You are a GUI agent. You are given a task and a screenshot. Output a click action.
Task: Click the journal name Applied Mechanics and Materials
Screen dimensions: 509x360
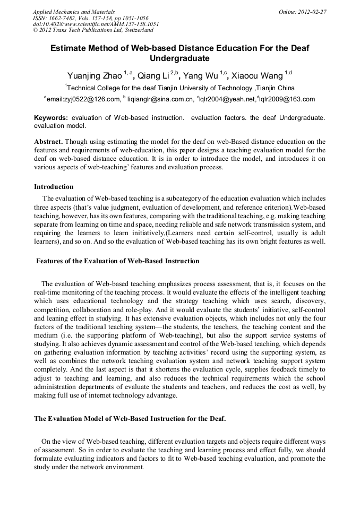click(x=74, y=12)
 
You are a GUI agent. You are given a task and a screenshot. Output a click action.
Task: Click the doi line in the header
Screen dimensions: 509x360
click(x=96, y=24)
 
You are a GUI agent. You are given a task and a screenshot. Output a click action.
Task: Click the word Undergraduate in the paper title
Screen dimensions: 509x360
click(x=179, y=58)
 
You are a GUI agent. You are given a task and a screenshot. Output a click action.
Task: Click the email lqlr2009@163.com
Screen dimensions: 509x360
click(x=287, y=99)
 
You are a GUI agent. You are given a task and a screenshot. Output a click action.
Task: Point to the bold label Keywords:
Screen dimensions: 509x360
click(x=51, y=117)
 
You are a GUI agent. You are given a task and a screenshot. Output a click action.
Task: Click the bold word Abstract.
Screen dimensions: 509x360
click(x=48, y=142)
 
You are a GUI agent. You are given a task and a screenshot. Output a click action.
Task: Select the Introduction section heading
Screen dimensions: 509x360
click(x=54, y=187)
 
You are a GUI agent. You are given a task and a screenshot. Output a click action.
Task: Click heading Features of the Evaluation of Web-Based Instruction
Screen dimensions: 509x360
click(x=117, y=261)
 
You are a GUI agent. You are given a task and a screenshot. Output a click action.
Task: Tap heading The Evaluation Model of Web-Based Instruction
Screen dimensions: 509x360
click(x=130, y=419)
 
